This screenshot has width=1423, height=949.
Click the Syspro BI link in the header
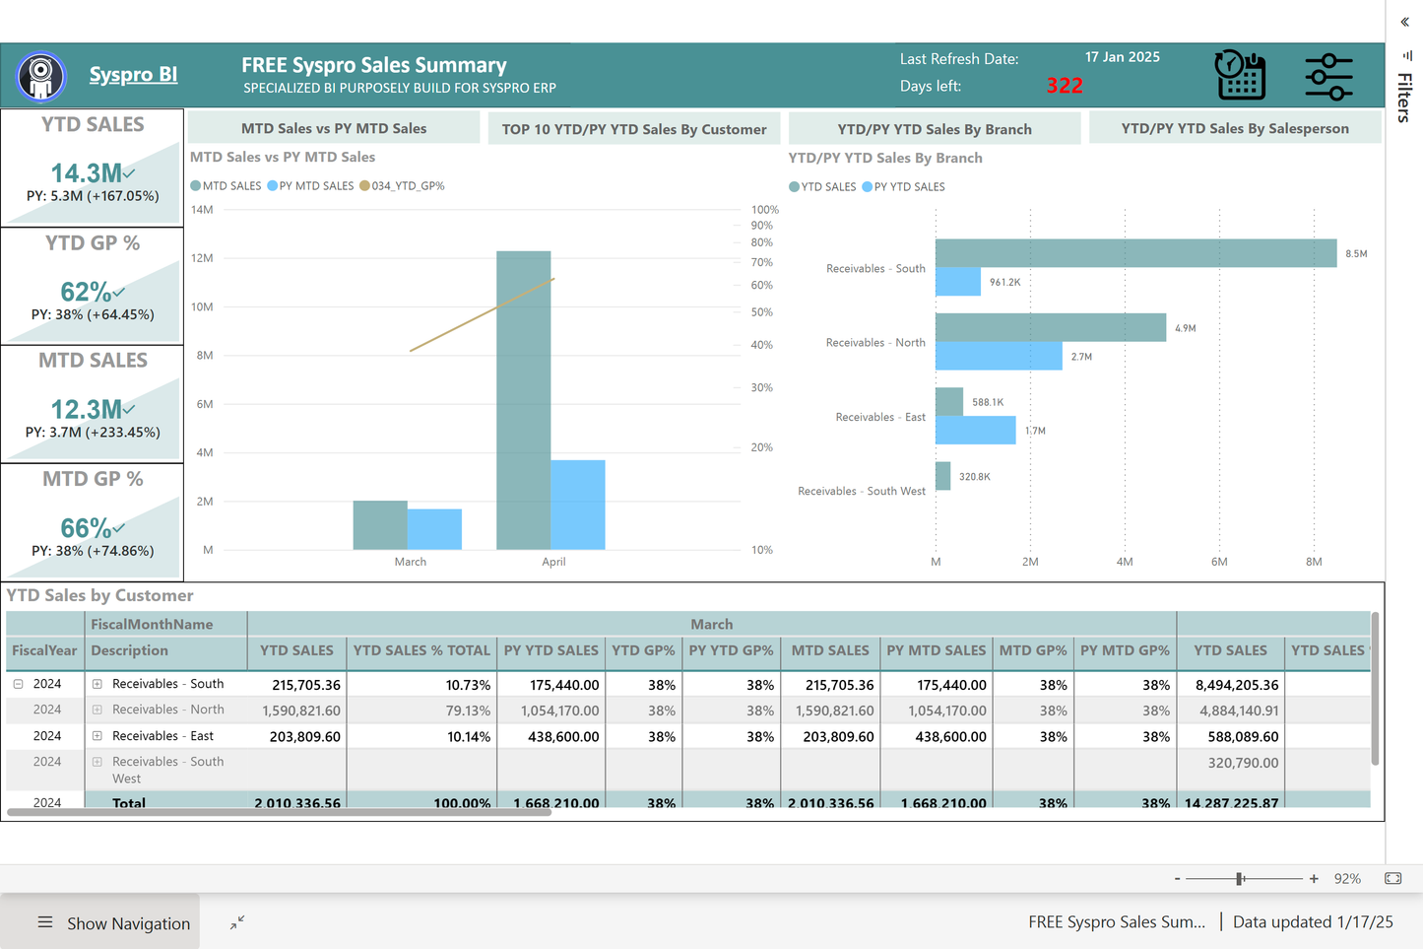pyautogui.click(x=133, y=75)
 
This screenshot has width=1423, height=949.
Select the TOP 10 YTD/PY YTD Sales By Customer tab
pyautogui.click(x=633, y=129)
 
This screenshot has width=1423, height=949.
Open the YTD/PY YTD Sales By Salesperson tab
pyautogui.click(x=1235, y=128)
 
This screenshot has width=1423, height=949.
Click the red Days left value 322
pyautogui.click(x=1065, y=86)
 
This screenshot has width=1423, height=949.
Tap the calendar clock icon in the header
pyautogui.click(x=1240, y=76)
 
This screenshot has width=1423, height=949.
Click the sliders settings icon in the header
pyautogui.click(x=1328, y=76)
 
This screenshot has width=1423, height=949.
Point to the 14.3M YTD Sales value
pyautogui.click(x=87, y=173)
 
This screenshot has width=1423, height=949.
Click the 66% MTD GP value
pyautogui.click(x=87, y=528)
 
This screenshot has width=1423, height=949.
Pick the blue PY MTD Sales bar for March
pyautogui.click(x=434, y=529)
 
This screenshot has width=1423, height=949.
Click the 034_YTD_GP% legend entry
pyautogui.click(x=403, y=186)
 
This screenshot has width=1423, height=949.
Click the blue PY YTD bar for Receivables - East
pyautogui.click(x=975, y=431)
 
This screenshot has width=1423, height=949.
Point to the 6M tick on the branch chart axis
pyautogui.click(x=1219, y=562)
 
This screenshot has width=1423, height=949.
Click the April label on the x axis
pyautogui.click(x=553, y=562)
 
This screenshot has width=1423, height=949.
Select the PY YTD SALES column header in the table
pyautogui.click(x=550, y=650)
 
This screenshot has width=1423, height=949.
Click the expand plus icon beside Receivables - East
pyautogui.click(x=97, y=736)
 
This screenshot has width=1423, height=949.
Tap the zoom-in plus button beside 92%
pyautogui.click(x=1314, y=878)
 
